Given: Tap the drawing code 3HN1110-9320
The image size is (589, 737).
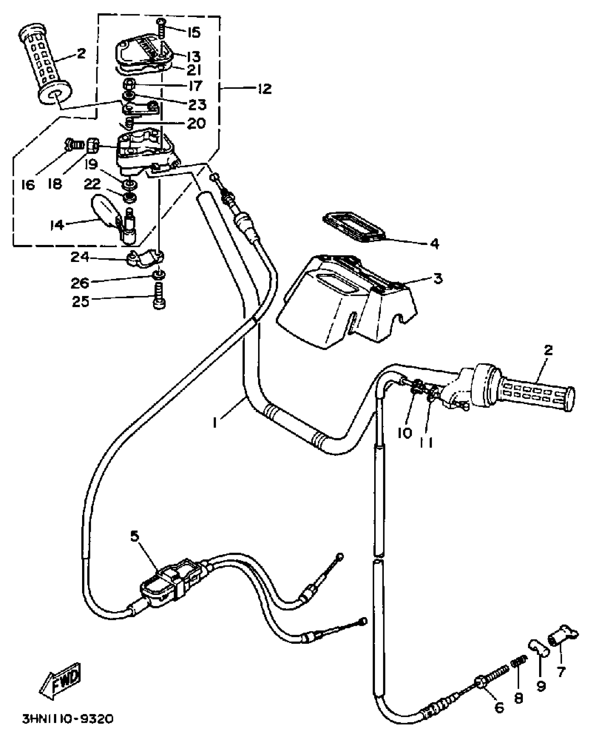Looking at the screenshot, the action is pyautogui.click(x=68, y=720).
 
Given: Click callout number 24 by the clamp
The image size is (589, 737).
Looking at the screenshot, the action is pyautogui.click(x=80, y=257).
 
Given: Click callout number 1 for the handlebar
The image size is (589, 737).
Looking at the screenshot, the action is pyautogui.click(x=215, y=423).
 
